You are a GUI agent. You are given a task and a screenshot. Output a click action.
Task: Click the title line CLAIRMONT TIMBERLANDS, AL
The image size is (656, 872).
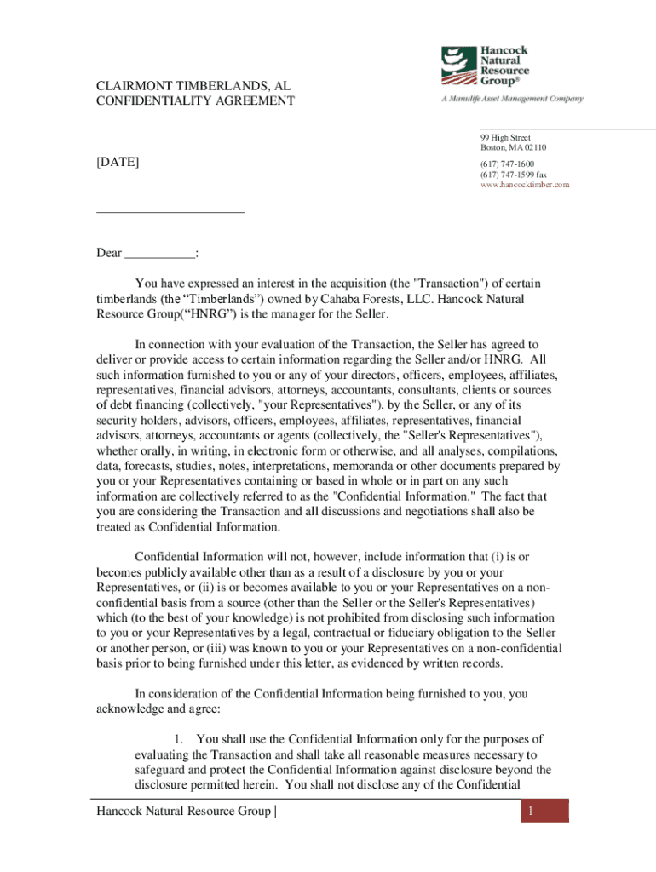[187, 85]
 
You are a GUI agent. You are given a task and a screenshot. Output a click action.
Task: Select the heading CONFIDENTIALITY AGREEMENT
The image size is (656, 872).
[195, 101]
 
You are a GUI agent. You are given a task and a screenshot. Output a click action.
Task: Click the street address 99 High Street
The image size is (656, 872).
[505, 138]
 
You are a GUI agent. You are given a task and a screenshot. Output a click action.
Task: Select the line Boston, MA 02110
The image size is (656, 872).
[513, 148]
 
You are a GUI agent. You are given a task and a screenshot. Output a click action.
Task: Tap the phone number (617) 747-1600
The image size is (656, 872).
[508, 164]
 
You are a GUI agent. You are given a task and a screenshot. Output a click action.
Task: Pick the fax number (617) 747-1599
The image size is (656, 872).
[513, 175]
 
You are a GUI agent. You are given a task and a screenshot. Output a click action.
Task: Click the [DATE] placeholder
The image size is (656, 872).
[118, 162]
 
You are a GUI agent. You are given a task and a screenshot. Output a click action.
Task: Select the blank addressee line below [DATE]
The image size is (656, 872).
[170, 210]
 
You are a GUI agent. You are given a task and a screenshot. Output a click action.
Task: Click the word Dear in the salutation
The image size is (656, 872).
[109, 253]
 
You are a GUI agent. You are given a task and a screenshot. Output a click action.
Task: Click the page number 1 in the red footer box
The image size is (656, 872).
[529, 812]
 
